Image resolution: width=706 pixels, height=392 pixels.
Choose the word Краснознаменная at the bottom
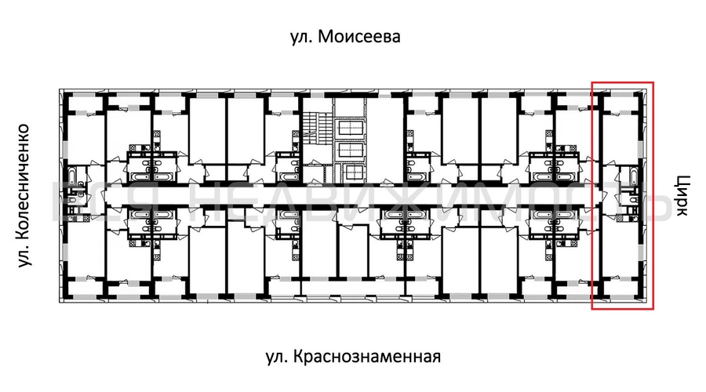(x=369, y=357)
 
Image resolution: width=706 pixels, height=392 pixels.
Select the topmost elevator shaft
(x=349, y=128)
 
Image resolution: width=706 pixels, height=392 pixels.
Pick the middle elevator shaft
(x=349, y=150)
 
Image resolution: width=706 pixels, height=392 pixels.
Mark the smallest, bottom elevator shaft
(x=349, y=172)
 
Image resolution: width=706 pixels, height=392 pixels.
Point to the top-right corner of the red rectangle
(x=653, y=82)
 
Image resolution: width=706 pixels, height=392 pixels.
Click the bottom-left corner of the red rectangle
(x=592, y=309)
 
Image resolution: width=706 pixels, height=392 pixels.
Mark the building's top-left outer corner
(x=60, y=89)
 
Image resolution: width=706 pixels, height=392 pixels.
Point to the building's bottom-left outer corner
(x=60, y=301)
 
